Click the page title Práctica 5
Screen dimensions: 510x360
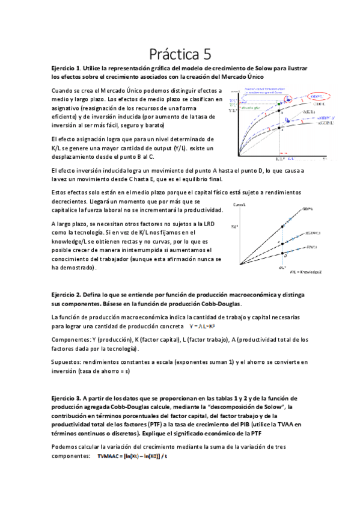(x=179, y=54)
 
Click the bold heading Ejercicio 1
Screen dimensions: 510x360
(x=69, y=69)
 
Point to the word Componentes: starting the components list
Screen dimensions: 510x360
(x=71, y=340)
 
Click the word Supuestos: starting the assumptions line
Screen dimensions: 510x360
(x=67, y=362)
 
